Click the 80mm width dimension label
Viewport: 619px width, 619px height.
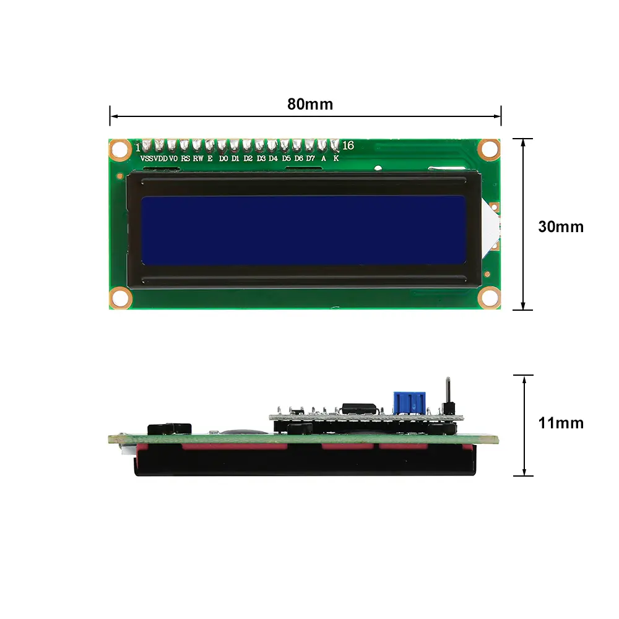[309, 104]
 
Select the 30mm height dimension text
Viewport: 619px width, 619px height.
[560, 227]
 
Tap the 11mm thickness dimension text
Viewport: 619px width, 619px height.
[560, 423]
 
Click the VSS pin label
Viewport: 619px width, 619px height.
[147, 158]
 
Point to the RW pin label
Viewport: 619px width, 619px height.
[197, 158]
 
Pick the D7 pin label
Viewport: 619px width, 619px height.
[311, 158]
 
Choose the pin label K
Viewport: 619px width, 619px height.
[336, 158]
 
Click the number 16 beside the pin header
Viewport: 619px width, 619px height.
[348, 145]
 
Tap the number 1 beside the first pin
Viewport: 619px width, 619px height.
[137, 147]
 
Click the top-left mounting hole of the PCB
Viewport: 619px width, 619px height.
[119, 149]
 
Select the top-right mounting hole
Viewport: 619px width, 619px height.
[489, 148]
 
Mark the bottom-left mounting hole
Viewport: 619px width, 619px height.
[120, 298]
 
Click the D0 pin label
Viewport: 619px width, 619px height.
[223, 158]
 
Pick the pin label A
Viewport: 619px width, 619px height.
[323, 158]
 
